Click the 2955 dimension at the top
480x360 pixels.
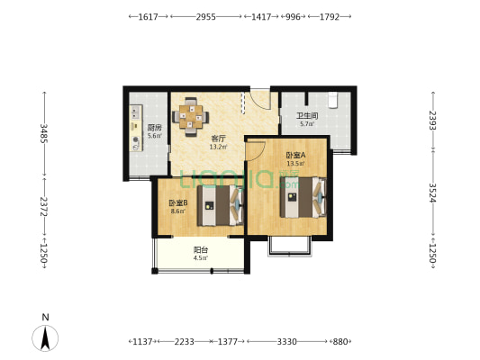(x=205, y=16)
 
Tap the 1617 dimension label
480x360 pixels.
(x=149, y=16)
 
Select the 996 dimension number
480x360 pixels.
(x=293, y=16)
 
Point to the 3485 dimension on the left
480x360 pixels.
(x=44, y=133)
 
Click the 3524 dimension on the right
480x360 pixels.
(x=432, y=193)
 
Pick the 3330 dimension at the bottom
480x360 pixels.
(x=287, y=341)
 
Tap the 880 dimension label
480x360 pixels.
(x=340, y=341)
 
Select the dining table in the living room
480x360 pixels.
(x=191, y=117)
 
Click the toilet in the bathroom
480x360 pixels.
(x=332, y=100)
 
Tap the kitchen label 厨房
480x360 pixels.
(x=155, y=128)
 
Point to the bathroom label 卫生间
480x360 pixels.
(x=307, y=116)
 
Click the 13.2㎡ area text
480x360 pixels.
(x=218, y=147)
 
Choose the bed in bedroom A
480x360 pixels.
(x=303, y=197)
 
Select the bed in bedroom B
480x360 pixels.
(x=220, y=205)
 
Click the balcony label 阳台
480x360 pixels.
(x=201, y=250)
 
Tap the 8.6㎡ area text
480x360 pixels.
(x=178, y=211)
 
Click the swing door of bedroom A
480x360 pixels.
(x=256, y=151)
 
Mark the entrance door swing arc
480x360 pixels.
(x=260, y=99)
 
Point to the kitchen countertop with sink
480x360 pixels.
(x=136, y=128)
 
